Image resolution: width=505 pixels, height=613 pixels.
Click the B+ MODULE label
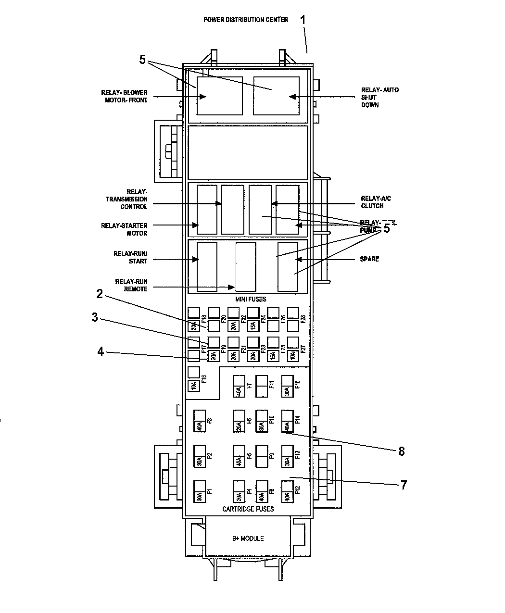point(248,538)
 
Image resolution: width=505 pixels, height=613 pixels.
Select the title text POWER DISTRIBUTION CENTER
point(245,20)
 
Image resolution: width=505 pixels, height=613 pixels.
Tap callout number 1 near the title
point(303,20)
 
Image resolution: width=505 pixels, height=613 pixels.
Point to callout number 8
point(401,451)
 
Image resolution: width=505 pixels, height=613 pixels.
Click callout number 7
point(404,485)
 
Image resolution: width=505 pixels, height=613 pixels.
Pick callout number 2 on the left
point(99,294)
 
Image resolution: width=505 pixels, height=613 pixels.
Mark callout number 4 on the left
point(100,351)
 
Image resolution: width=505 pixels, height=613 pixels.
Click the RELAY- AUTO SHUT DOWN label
point(379,97)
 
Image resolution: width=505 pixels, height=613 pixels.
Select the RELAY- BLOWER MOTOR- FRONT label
point(124,96)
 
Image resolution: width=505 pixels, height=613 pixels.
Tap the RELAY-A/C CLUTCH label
point(372,201)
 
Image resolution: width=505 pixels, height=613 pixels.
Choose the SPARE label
point(369,259)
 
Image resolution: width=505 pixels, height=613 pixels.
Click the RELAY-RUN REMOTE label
point(131,285)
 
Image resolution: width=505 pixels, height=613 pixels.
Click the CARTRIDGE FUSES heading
point(248,509)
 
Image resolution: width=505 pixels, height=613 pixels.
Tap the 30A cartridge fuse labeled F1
point(199,491)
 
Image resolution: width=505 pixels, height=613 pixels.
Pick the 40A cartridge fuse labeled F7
point(239,386)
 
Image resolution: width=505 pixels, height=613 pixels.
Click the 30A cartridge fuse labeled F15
point(287,386)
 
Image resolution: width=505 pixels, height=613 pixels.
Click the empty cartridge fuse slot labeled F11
point(262,386)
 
